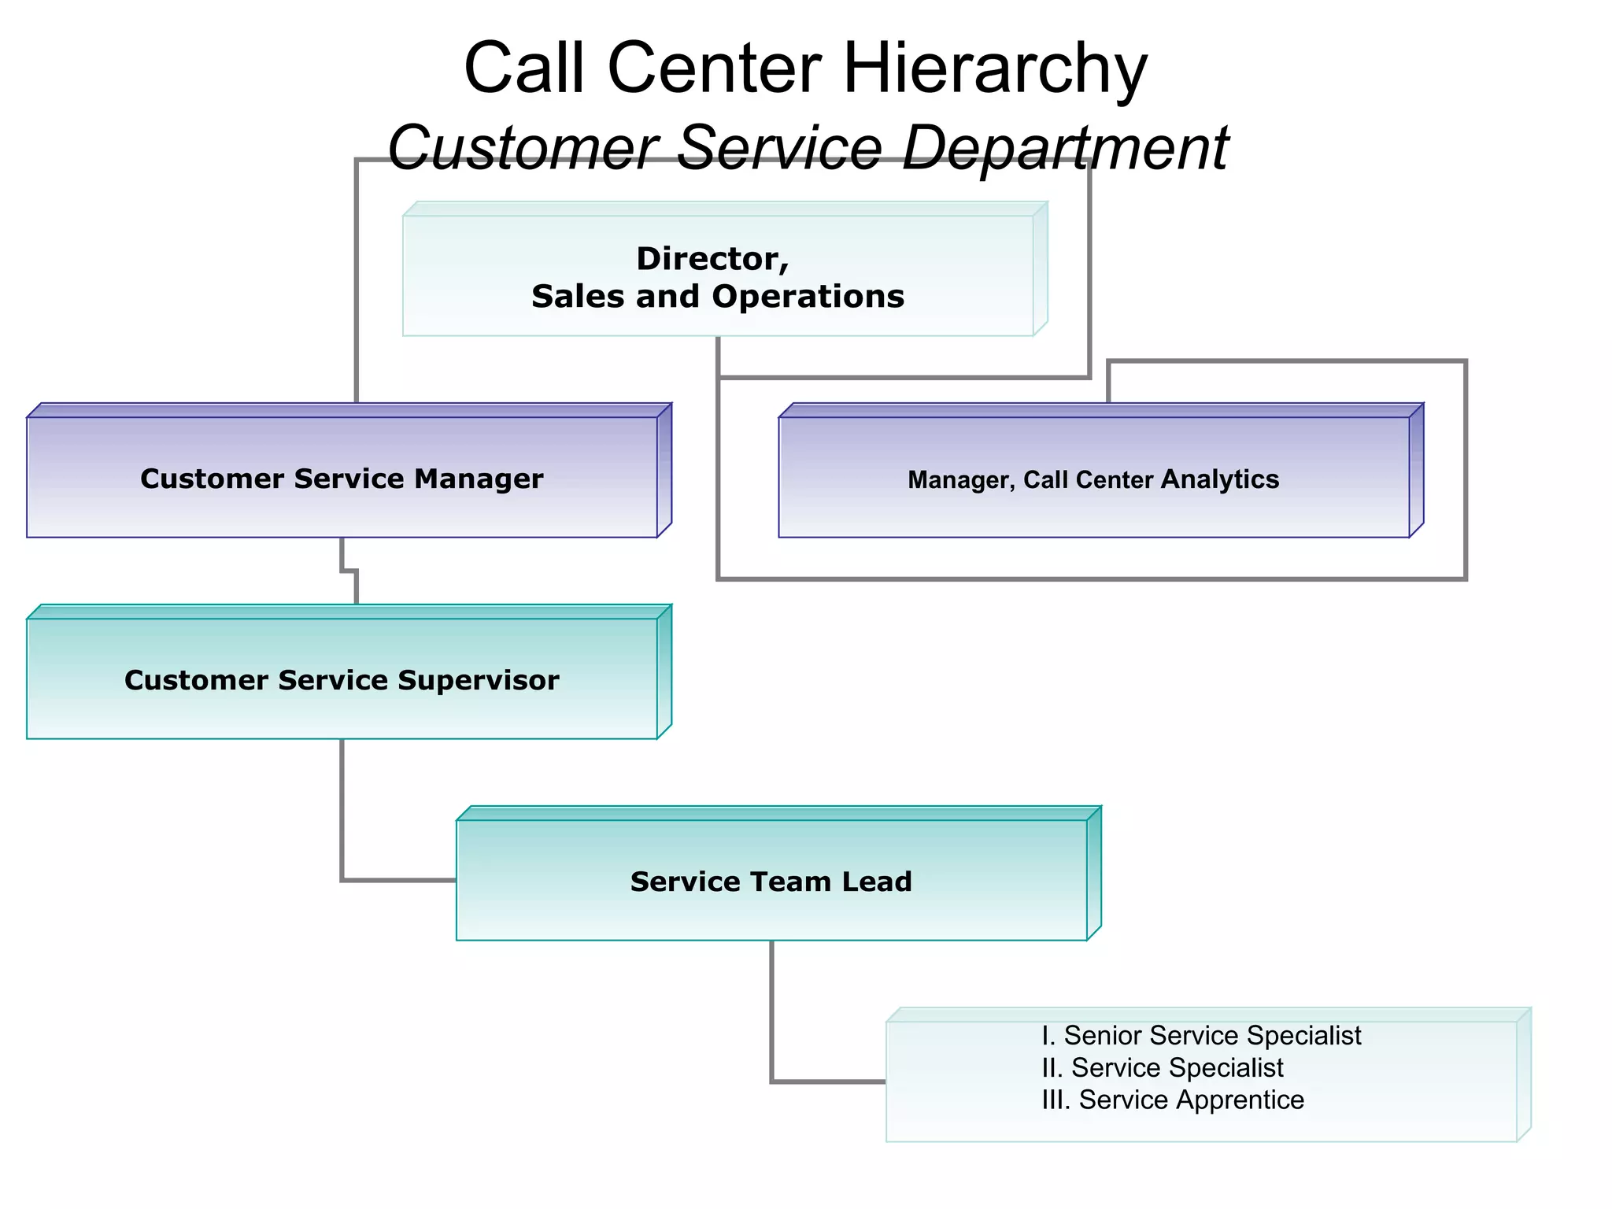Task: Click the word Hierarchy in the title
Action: pos(995,69)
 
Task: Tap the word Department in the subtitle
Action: pos(1064,148)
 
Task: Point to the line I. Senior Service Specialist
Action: pos(1201,1036)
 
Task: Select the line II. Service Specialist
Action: pos(1162,1068)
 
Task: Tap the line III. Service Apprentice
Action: pos(1173,1100)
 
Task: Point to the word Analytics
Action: pos(1220,479)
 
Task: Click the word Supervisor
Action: pos(479,680)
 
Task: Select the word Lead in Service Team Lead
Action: pos(877,882)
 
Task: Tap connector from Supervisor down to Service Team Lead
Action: pos(342,811)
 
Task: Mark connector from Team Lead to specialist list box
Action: pos(772,1015)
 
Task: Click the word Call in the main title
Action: pos(524,69)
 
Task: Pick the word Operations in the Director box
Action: pos(808,297)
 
